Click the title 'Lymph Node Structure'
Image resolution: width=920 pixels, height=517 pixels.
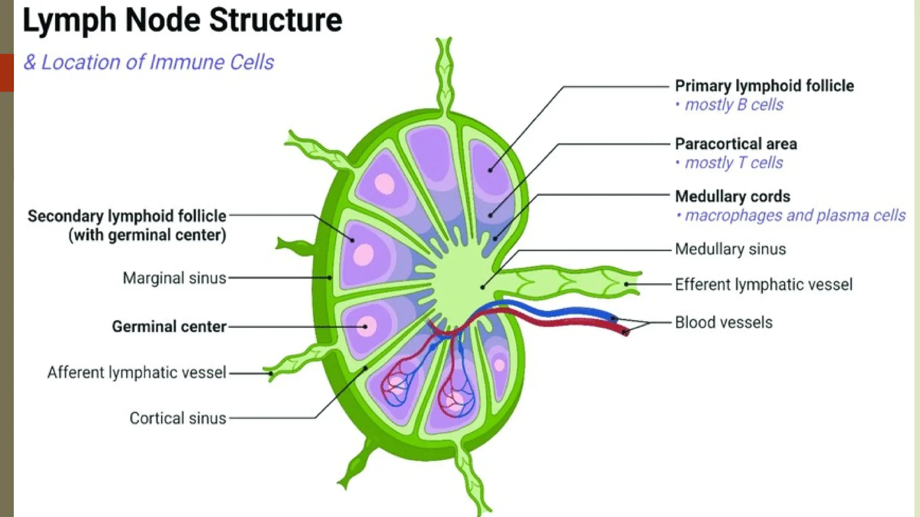(x=182, y=21)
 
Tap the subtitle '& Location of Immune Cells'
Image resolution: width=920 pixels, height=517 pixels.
(x=149, y=62)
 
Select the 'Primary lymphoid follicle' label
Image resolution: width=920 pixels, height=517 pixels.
(x=764, y=86)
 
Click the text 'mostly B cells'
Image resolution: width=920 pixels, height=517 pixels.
(x=734, y=105)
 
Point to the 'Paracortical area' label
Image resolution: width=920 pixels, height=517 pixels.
(x=736, y=144)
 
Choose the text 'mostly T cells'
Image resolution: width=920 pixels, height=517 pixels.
(x=734, y=163)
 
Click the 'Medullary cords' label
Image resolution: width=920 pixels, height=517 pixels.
(x=732, y=197)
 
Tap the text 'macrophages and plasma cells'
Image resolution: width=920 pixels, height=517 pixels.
(x=795, y=216)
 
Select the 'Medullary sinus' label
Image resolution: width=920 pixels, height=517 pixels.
(x=730, y=249)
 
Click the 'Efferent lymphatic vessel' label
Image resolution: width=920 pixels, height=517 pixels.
(x=763, y=285)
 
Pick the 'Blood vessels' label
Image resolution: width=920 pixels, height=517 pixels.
(x=723, y=323)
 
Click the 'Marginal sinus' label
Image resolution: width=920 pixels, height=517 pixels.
(x=174, y=278)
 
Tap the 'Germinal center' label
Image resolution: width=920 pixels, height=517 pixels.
(x=169, y=327)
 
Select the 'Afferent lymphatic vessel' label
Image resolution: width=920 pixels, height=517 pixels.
(x=137, y=372)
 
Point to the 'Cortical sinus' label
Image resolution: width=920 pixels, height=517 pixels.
(x=177, y=418)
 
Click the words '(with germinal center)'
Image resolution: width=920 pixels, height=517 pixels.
(x=147, y=235)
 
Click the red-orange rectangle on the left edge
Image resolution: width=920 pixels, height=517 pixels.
(x=7, y=73)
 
